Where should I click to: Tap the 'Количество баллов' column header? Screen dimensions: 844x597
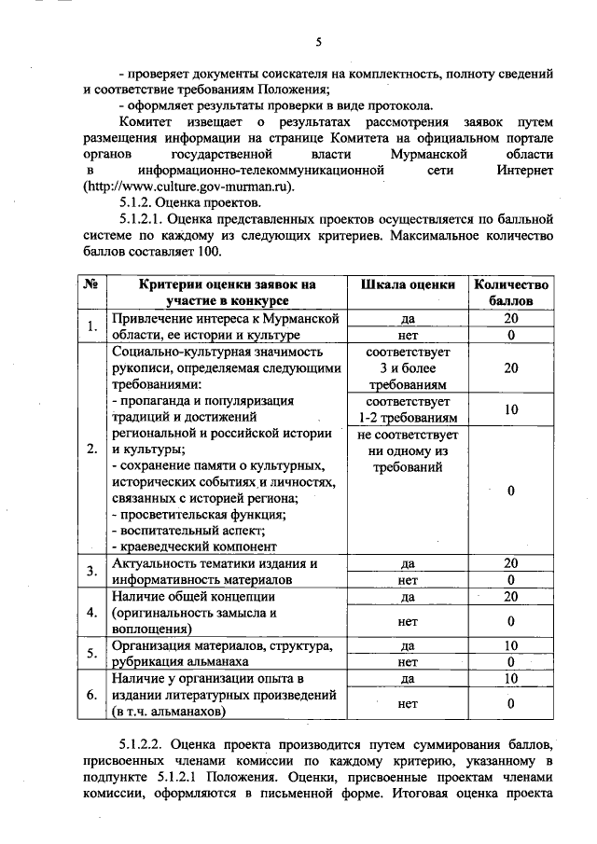[511, 292]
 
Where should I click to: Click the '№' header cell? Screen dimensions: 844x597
[91, 284]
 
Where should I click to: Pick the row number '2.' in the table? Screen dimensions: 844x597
[91, 449]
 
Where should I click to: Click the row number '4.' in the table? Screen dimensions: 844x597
[91, 612]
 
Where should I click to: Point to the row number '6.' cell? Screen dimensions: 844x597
[91, 695]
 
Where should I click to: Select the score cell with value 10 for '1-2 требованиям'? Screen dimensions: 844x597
[511, 409]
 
